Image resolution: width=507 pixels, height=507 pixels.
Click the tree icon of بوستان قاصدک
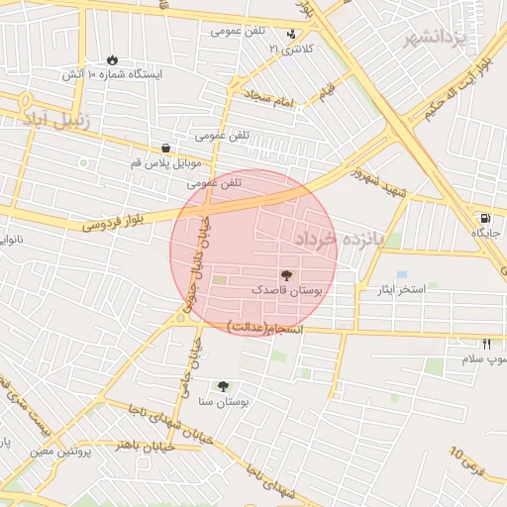point(287,274)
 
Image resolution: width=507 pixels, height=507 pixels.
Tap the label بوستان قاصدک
point(287,291)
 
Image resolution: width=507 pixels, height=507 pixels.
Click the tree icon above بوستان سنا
point(223,386)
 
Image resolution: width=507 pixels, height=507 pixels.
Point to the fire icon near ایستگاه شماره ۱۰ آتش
point(112,59)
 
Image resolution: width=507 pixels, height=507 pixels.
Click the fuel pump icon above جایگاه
point(484,218)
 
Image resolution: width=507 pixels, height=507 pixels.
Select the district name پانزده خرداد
point(338,239)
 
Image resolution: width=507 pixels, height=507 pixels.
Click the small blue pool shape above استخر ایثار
point(401,274)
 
